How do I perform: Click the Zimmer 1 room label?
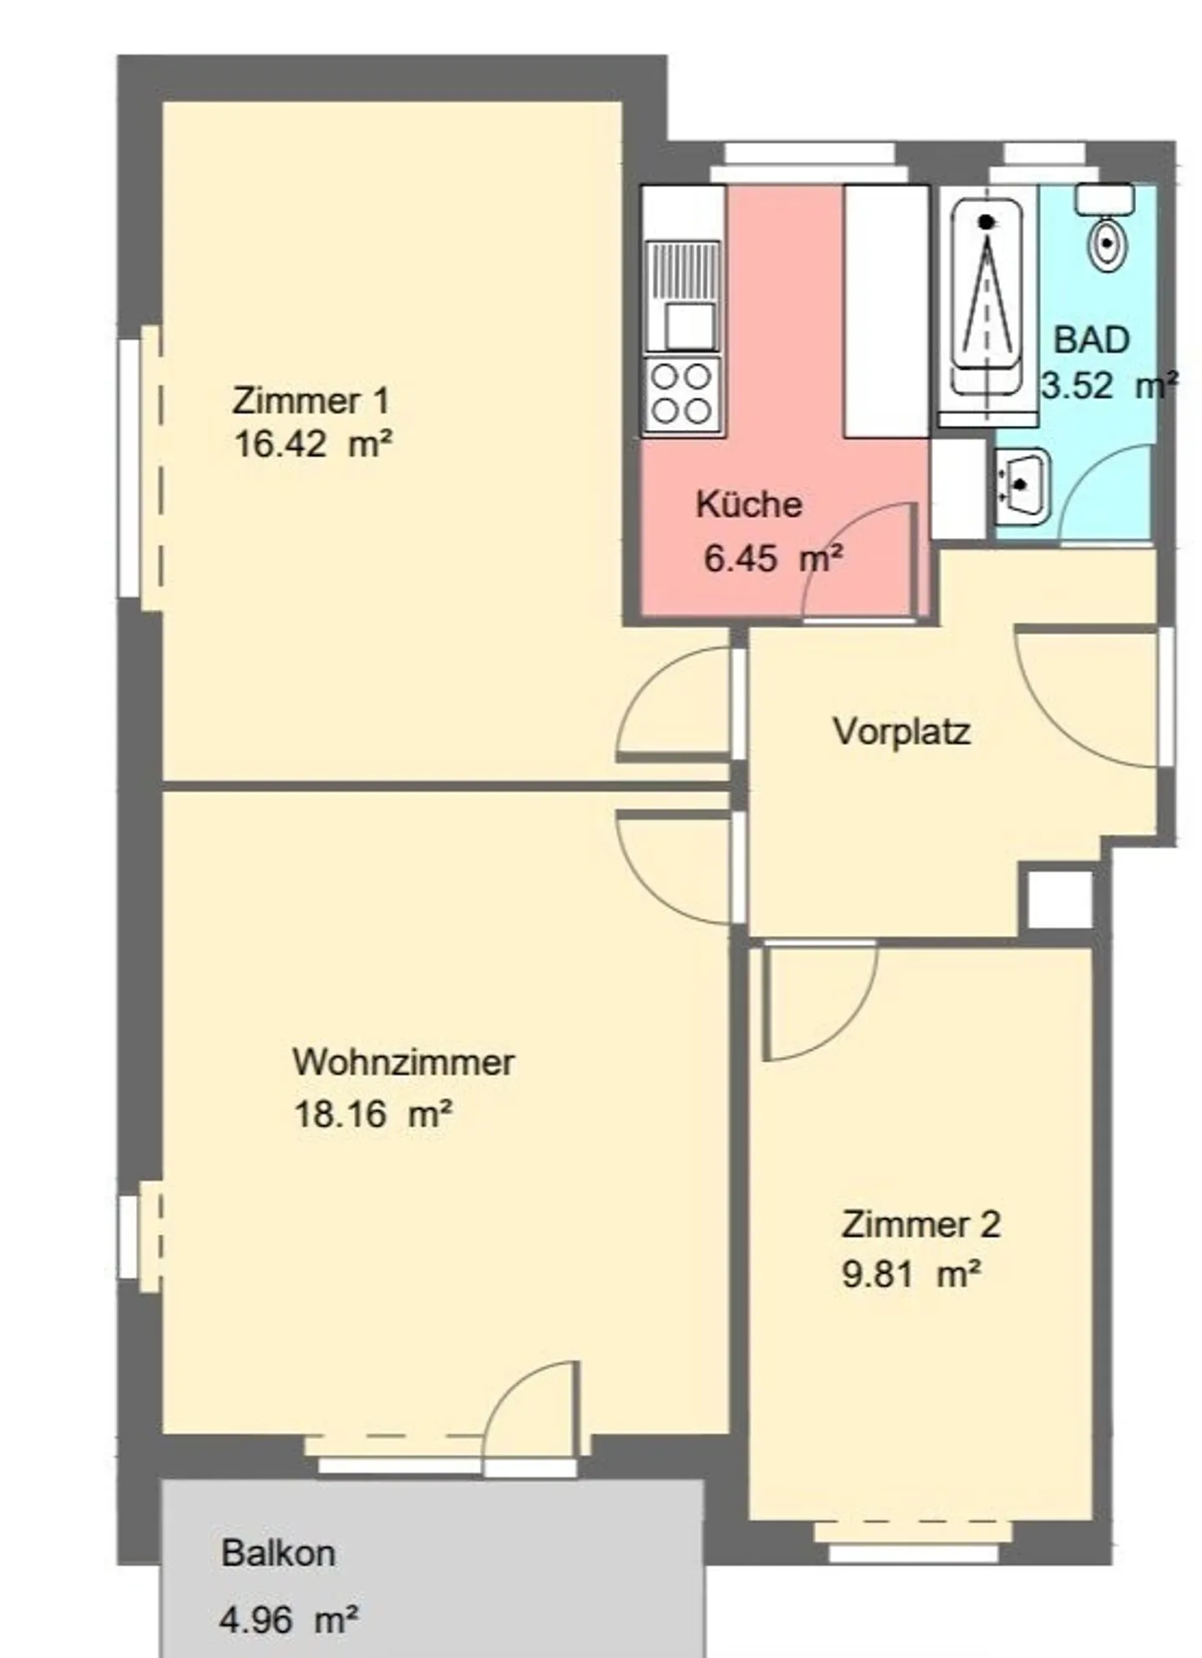(x=311, y=401)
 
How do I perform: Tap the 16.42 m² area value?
(x=313, y=444)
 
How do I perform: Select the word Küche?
(x=749, y=504)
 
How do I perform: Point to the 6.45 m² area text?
(x=773, y=558)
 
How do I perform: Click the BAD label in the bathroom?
(x=1092, y=340)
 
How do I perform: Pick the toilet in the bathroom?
(x=1106, y=229)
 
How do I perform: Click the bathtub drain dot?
(x=987, y=223)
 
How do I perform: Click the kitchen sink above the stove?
(x=681, y=296)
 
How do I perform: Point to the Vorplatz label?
(x=901, y=731)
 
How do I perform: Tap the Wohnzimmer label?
(x=403, y=1062)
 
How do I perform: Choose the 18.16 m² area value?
(x=373, y=1114)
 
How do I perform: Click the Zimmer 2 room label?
(x=921, y=1225)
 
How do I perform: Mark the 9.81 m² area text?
(x=912, y=1276)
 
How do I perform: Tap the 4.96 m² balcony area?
(x=289, y=1620)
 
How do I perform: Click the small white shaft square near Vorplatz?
(x=1059, y=899)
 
